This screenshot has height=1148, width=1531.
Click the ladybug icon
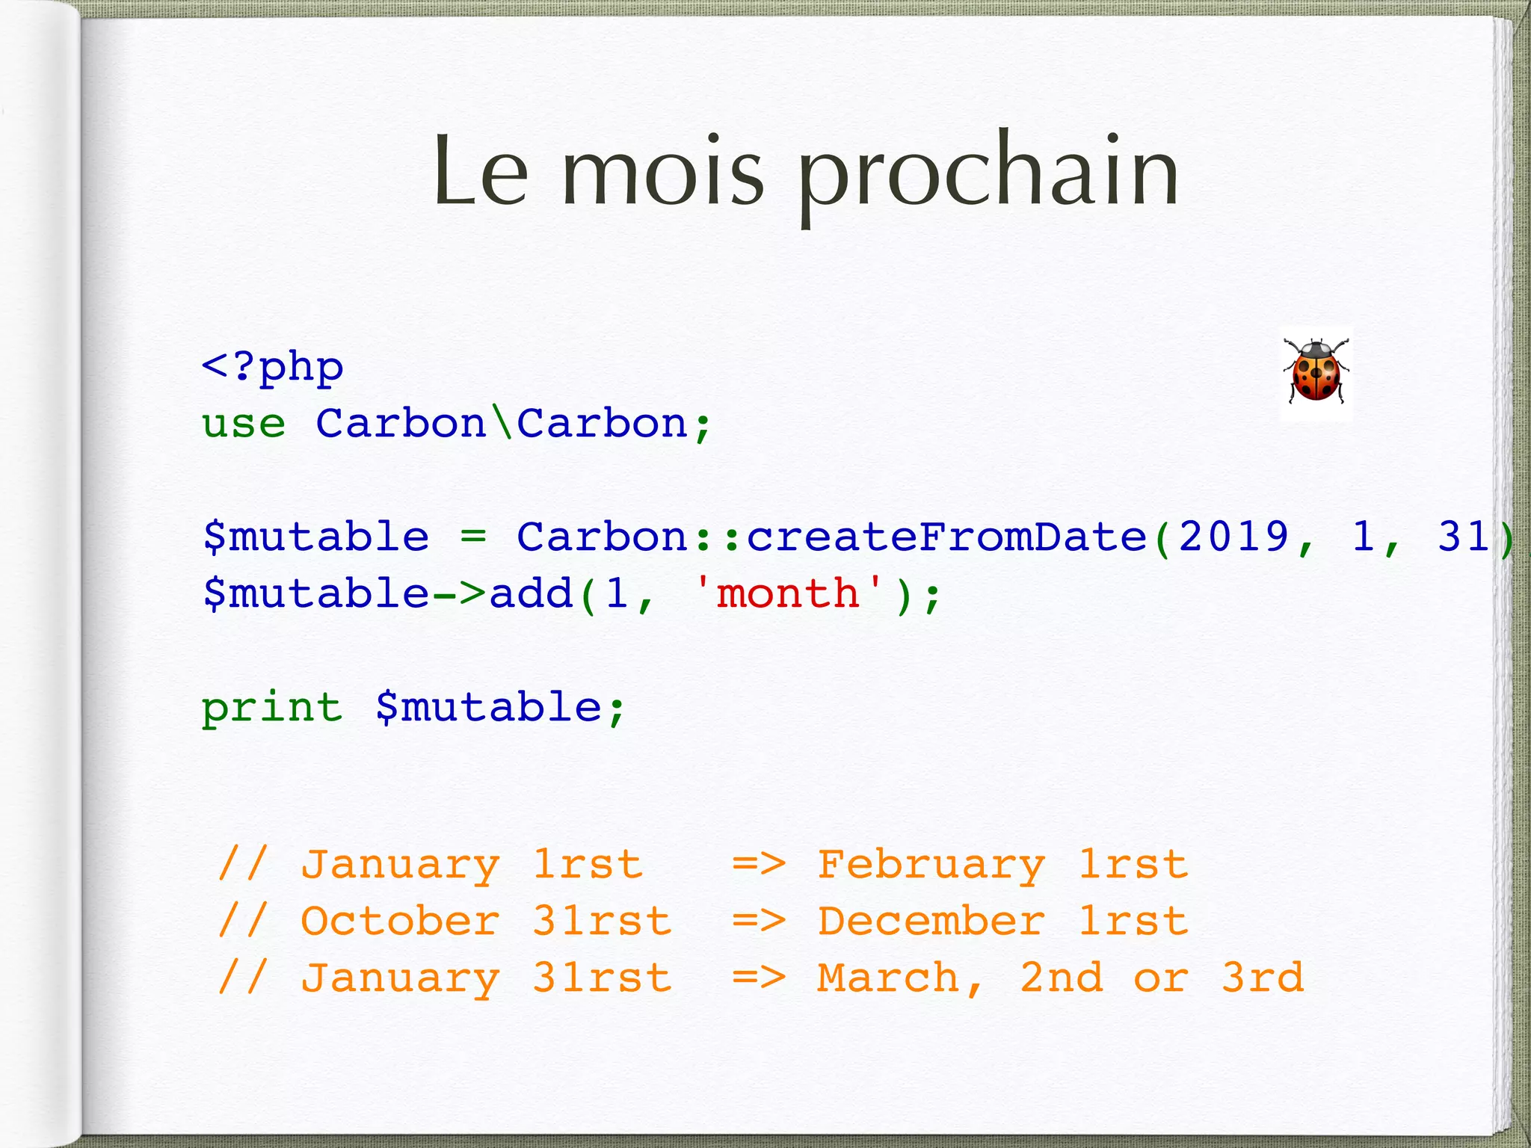(x=1316, y=371)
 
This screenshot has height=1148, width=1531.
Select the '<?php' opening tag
(x=273, y=367)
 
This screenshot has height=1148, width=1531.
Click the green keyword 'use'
(x=244, y=425)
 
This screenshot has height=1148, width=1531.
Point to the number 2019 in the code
(x=1234, y=537)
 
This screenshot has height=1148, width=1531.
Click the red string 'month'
(x=788, y=593)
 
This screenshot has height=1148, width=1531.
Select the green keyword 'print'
(x=272, y=708)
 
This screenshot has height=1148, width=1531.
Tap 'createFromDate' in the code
(x=946, y=537)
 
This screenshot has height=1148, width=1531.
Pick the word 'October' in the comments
(x=400, y=922)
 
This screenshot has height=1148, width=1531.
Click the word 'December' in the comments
(x=931, y=922)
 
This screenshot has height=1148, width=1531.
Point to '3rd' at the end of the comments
(x=1263, y=978)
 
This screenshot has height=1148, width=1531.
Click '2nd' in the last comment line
(x=1062, y=978)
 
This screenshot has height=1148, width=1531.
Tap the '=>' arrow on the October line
(x=759, y=922)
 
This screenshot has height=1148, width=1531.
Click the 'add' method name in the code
(x=531, y=594)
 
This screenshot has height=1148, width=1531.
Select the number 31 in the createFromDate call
(x=1464, y=537)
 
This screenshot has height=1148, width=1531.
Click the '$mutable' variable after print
(x=488, y=708)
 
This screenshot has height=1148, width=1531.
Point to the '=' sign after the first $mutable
(x=472, y=537)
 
